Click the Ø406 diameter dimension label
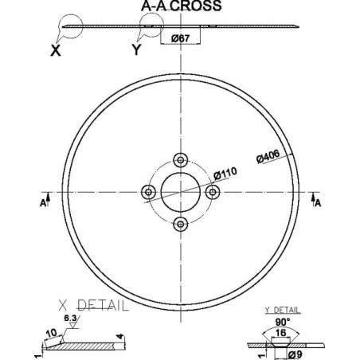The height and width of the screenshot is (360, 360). pyautogui.click(x=268, y=156)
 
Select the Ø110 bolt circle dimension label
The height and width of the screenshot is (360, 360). pyautogui.click(x=225, y=174)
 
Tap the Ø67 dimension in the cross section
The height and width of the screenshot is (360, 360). pyautogui.click(x=181, y=38)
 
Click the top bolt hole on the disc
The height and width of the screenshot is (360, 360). pyautogui.click(x=181, y=160)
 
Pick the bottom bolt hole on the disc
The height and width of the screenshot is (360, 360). pyautogui.click(x=181, y=224)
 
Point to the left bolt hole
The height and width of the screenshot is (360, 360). pyautogui.click(x=149, y=192)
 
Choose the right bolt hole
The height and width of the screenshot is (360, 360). pyautogui.click(x=213, y=192)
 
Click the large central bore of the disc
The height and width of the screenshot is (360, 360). pyautogui.click(x=181, y=192)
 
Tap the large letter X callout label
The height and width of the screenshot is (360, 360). pyautogui.click(x=56, y=50)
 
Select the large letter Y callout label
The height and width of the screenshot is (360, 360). pyautogui.click(x=136, y=49)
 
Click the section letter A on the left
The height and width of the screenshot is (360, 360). pyautogui.click(x=43, y=203)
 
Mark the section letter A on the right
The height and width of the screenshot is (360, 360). pyautogui.click(x=318, y=203)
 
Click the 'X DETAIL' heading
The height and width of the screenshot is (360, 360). pyautogui.click(x=93, y=305)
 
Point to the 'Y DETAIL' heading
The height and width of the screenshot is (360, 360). pyautogui.click(x=283, y=310)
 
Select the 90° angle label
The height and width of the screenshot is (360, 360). pyautogui.click(x=282, y=323)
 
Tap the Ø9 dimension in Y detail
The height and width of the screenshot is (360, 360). pyautogui.click(x=295, y=354)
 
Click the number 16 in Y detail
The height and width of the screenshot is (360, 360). pyautogui.click(x=280, y=333)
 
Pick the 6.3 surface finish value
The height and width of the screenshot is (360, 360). pyautogui.click(x=70, y=318)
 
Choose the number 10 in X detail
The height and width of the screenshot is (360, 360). pyautogui.click(x=52, y=334)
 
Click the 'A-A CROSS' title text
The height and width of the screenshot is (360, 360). pyautogui.click(x=182, y=6)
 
